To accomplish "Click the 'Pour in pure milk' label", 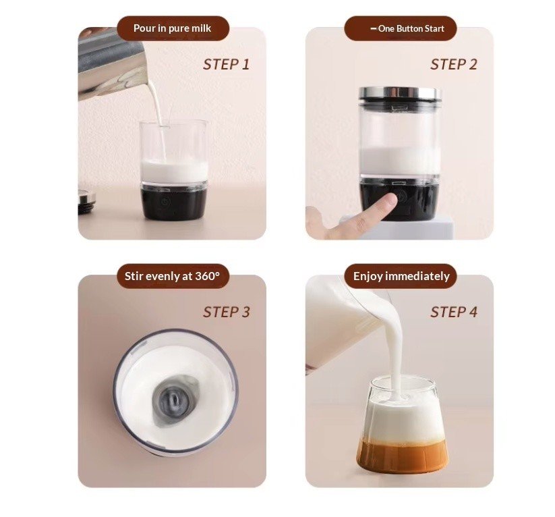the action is pyautogui.click(x=173, y=28).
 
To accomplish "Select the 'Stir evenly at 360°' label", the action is pyautogui.click(x=172, y=276).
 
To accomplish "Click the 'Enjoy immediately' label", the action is pyautogui.click(x=401, y=276).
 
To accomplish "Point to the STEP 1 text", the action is pyautogui.click(x=226, y=65).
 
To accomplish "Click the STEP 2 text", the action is pyautogui.click(x=454, y=65).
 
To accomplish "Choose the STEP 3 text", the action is pyautogui.click(x=227, y=312).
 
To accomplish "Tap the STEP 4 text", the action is pyautogui.click(x=454, y=312).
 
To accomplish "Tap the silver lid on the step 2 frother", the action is pyautogui.click(x=400, y=94).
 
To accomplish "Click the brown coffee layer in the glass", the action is pyautogui.click(x=403, y=456).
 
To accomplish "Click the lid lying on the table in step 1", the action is pyautogui.click(x=86, y=202).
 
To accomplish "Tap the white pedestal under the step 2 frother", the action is pyautogui.click(x=397, y=227).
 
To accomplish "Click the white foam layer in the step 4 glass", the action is pyautogui.click(x=403, y=420).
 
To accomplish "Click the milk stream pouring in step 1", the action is pyautogui.click(x=158, y=117).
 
